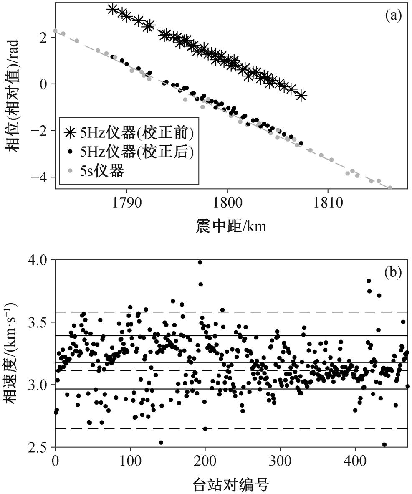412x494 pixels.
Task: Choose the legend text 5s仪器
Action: click(x=103, y=171)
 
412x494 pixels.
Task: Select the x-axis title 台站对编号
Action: click(x=230, y=484)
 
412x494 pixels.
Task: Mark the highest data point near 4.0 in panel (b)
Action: click(x=200, y=262)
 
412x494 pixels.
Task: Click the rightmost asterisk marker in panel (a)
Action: click(x=301, y=95)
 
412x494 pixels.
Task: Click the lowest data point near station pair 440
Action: click(x=384, y=444)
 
